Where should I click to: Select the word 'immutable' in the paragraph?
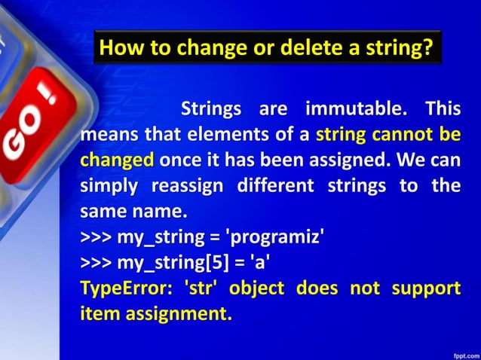[356, 110]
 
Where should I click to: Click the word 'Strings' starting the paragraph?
[211, 110]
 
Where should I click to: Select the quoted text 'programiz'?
[277, 240]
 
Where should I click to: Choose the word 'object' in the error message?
[255, 290]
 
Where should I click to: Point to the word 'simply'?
[109, 186]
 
